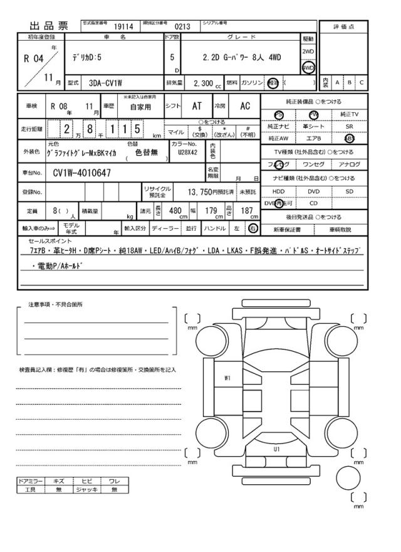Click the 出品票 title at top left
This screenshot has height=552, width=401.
tap(48, 26)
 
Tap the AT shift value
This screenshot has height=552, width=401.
tap(196, 107)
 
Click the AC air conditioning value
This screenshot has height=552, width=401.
tap(245, 107)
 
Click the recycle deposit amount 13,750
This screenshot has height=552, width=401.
tap(205, 191)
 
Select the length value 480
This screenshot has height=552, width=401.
tap(176, 211)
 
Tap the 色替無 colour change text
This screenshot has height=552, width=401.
tap(148, 152)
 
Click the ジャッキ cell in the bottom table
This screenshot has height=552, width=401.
tap(85, 490)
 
